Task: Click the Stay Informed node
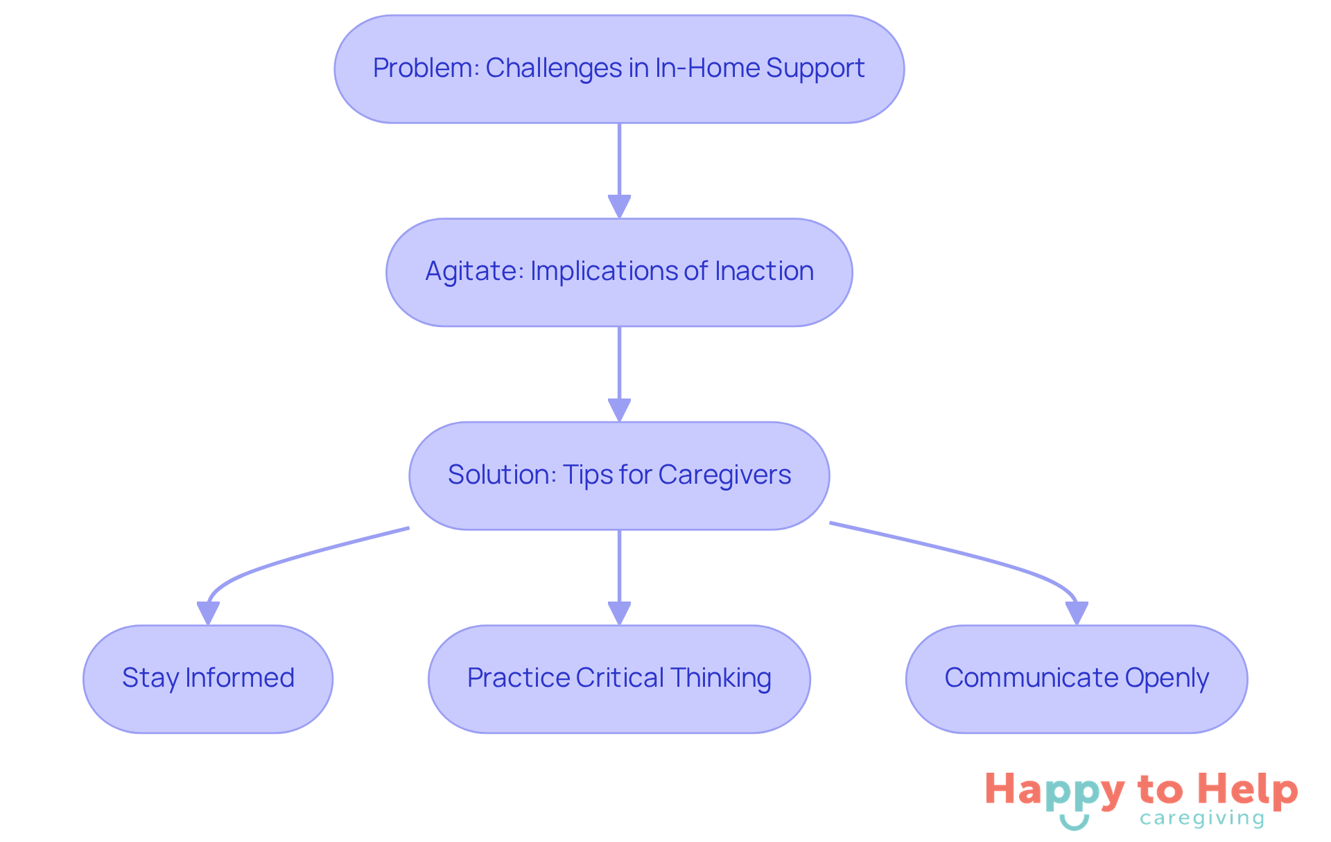coord(208,678)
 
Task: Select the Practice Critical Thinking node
coord(619,678)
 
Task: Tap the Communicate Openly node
coord(1077,678)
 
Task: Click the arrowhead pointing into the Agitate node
coord(619,207)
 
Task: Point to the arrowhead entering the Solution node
coord(619,410)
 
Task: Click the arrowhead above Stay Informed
coord(208,613)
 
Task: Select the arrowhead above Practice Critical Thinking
coord(619,613)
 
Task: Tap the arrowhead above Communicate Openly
coord(1077,613)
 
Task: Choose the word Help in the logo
coord(1248,789)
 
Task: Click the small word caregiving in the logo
coord(1202,819)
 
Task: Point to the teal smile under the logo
coord(1074,823)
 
